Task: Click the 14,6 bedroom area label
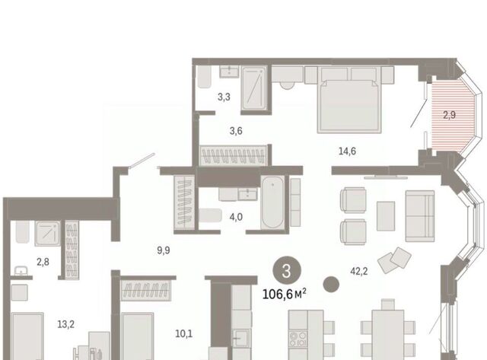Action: click(x=347, y=151)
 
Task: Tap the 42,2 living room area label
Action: click(x=358, y=271)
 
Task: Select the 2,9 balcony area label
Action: click(x=449, y=115)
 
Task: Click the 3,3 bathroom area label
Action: click(x=224, y=97)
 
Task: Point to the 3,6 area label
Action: click(x=236, y=131)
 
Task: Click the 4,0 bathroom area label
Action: click(x=236, y=217)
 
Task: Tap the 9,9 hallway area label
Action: click(x=164, y=250)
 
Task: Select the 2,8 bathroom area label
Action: click(x=43, y=262)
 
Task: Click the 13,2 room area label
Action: click(x=66, y=324)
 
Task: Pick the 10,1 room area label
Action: click(x=184, y=334)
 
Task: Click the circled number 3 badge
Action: click(x=287, y=270)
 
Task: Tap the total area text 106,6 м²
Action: click(x=284, y=294)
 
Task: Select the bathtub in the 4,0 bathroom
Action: click(x=272, y=202)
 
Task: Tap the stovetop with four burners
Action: click(x=298, y=339)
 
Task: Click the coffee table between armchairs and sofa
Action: click(x=386, y=216)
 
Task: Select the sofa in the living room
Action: click(x=420, y=216)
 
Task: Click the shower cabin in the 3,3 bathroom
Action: click(x=254, y=88)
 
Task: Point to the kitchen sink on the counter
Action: click(x=241, y=337)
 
